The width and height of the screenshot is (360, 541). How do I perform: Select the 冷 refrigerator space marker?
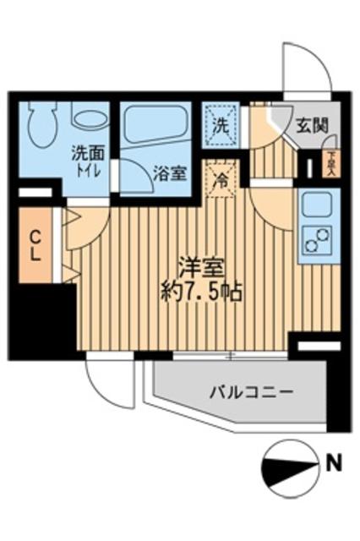(x=219, y=178)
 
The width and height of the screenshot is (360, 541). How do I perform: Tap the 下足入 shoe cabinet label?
(x=332, y=161)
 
